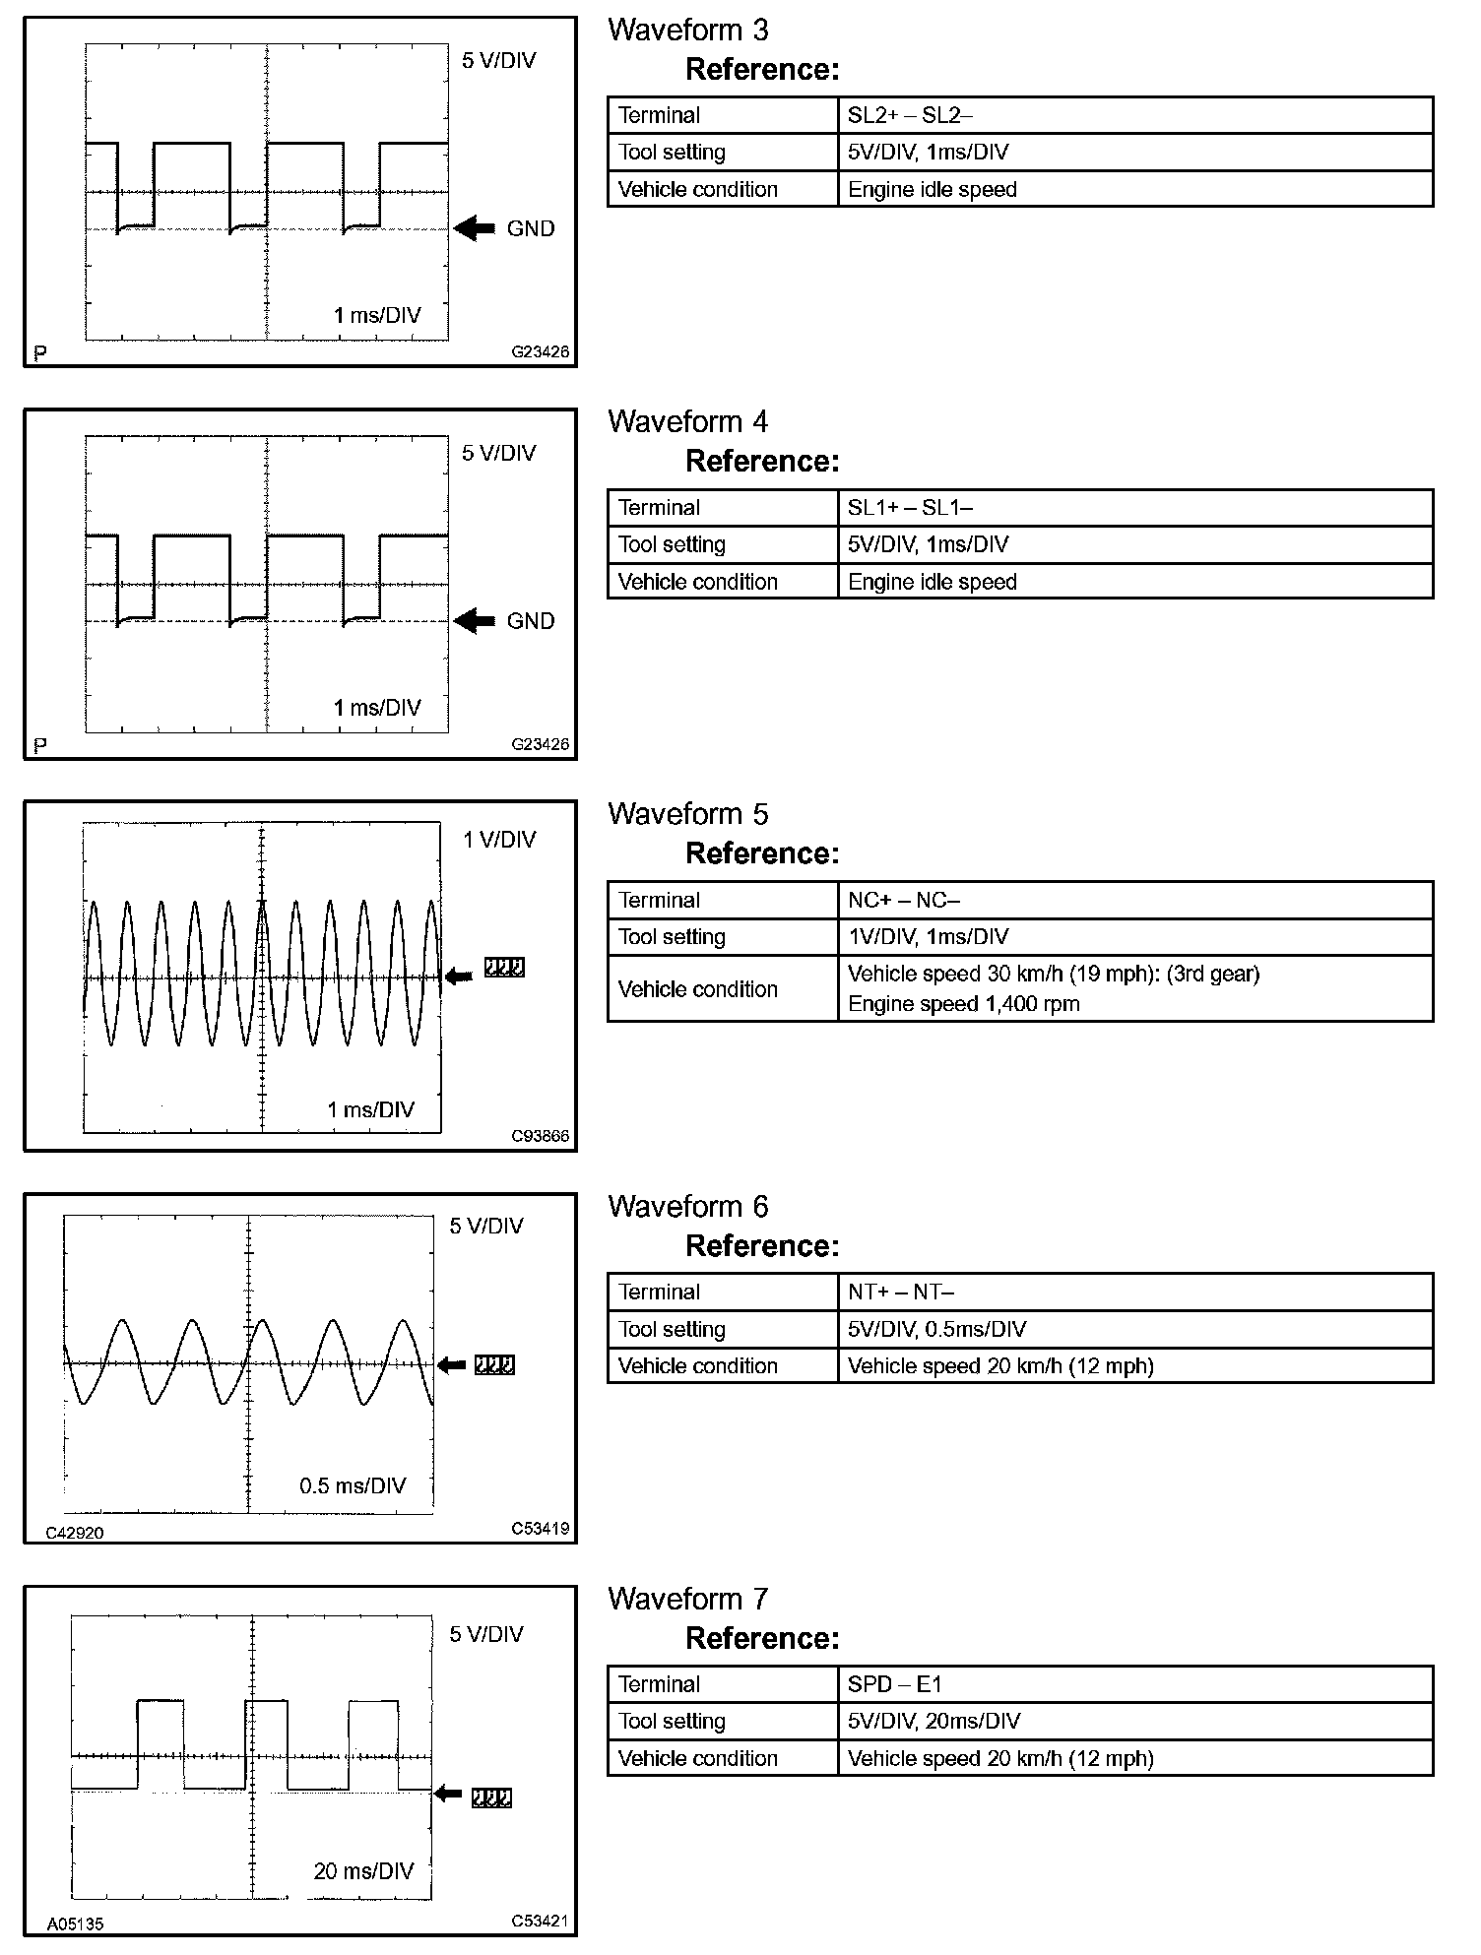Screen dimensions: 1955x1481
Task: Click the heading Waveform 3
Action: (687, 31)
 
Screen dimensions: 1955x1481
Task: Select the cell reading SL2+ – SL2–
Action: (910, 115)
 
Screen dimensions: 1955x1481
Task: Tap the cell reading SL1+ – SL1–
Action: (910, 508)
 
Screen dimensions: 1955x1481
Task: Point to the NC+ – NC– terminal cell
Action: (903, 900)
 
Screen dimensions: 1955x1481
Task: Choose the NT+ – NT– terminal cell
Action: (900, 1292)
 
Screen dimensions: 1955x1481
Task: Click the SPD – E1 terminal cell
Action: (894, 1684)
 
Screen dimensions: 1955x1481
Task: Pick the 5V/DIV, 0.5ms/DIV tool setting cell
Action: (936, 1329)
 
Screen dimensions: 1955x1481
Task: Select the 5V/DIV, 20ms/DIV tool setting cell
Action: (934, 1721)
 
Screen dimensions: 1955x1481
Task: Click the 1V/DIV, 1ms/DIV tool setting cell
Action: (928, 937)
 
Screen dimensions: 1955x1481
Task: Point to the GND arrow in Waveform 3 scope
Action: (475, 228)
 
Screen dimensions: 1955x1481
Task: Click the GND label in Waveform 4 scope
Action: (531, 621)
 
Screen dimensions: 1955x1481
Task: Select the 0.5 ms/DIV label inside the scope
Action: (353, 1485)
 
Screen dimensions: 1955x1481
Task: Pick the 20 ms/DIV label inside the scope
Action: (363, 1871)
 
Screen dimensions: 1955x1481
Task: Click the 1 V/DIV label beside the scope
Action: (499, 840)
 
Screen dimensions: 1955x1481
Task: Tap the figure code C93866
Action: (540, 1136)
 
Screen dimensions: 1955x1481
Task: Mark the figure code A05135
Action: (75, 1923)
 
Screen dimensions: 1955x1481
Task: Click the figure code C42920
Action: (75, 1532)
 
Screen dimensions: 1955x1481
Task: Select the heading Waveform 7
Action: (687, 1599)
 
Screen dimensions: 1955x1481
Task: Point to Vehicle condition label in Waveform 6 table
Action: (697, 1366)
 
